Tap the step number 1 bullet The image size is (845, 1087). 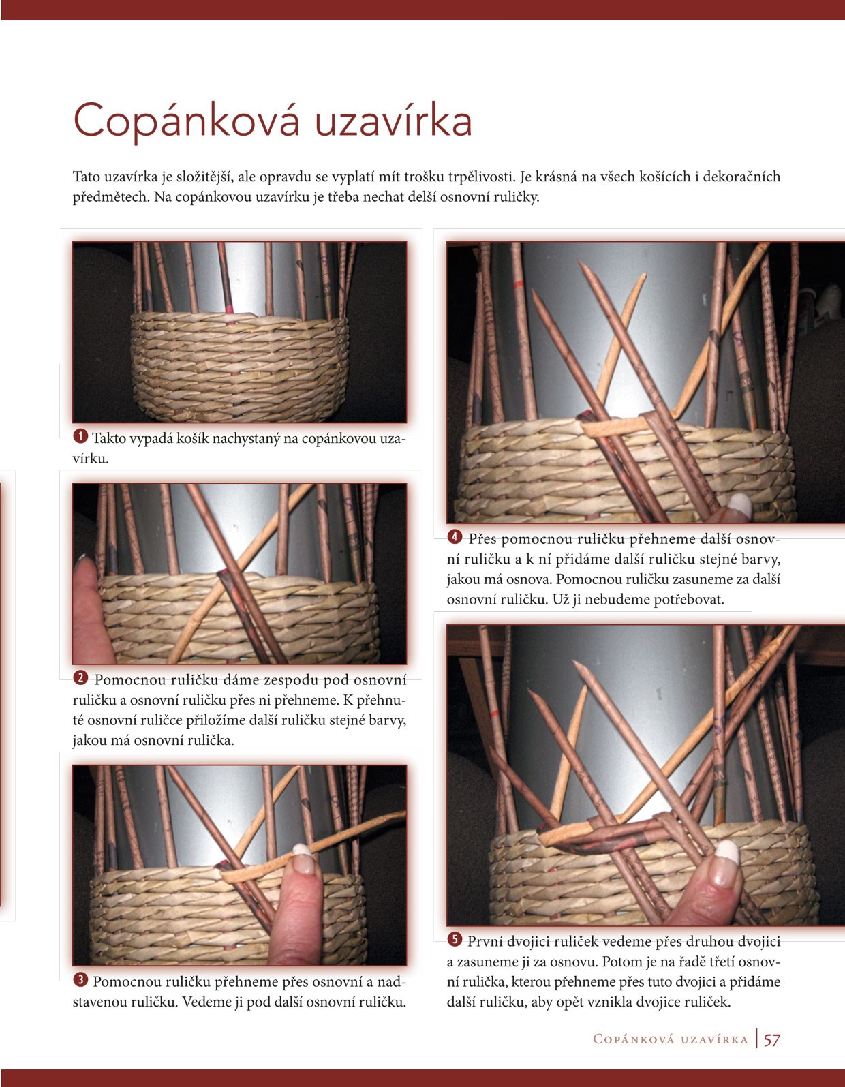tap(80, 435)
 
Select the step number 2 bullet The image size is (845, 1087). tap(80, 678)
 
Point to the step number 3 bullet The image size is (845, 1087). tap(80, 979)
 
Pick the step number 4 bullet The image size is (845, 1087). tap(455, 537)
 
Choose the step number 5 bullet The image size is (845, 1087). tap(455, 939)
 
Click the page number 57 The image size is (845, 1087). tap(772, 1040)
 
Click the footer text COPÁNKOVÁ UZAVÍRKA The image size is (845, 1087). tap(671, 1039)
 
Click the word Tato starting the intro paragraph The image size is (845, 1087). tap(87, 177)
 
